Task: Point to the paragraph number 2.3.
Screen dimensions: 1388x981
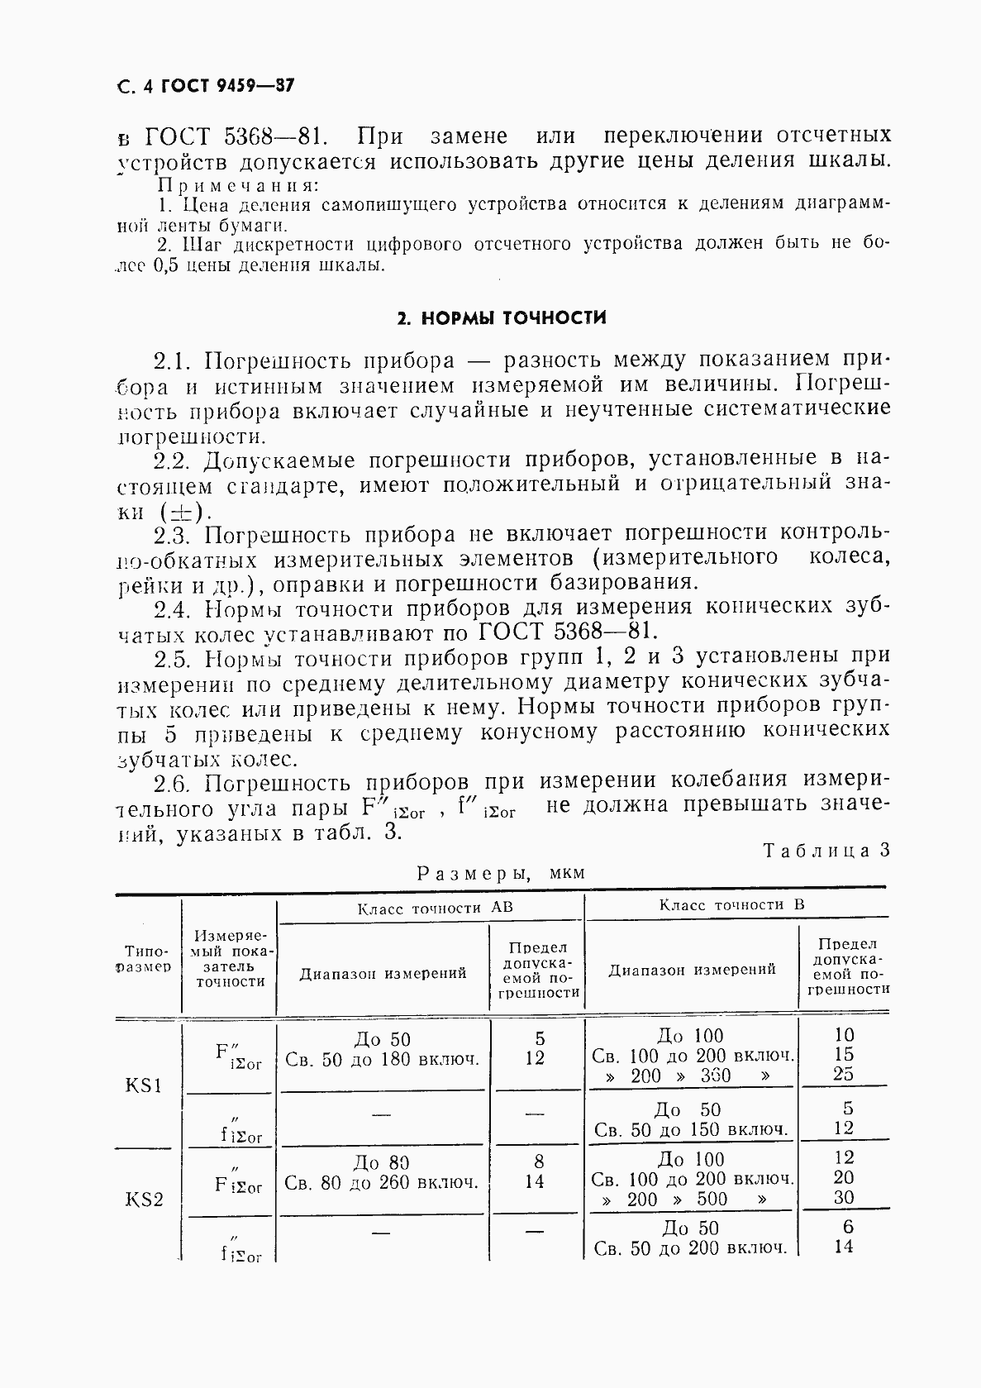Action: tap(173, 533)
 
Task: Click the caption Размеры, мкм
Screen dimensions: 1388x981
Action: tap(500, 873)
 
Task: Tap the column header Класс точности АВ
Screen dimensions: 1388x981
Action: tap(435, 908)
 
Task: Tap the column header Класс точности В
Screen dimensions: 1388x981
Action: tap(731, 904)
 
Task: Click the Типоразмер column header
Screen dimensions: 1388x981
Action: tap(148, 958)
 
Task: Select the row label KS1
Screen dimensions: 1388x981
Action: tap(143, 1085)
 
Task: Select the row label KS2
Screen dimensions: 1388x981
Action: tap(143, 1199)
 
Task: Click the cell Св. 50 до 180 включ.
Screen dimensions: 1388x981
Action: tap(382, 1059)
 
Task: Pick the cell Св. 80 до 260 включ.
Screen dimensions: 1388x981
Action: tap(382, 1182)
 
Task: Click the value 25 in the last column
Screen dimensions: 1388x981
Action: tap(844, 1074)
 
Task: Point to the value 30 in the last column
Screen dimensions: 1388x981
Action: tap(844, 1197)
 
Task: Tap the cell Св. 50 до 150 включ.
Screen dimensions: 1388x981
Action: tap(691, 1129)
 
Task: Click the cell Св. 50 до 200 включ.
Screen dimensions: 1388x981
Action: tap(691, 1248)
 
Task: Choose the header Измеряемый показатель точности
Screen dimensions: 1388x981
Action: tap(231, 958)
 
